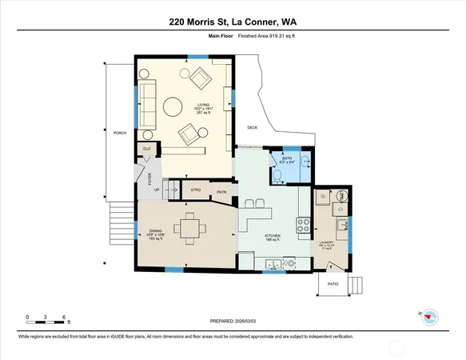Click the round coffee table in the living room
click(x=171, y=106)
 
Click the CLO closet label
click(x=147, y=150)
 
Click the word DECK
click(x=253, y=127)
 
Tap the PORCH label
click(x=120, y=133)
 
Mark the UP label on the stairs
click(x=156, y=190)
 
